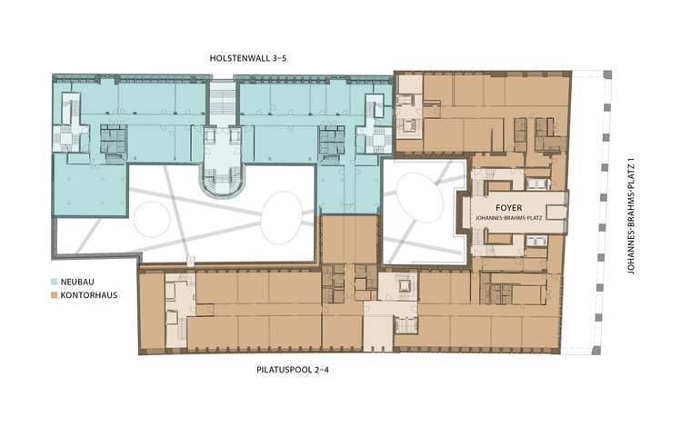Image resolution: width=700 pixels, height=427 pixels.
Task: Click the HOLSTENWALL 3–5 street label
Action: [x=248, y=58]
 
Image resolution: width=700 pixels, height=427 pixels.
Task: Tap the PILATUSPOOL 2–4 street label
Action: [x=293, y=370]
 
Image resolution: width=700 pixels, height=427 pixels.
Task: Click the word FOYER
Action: [x=508, y=208]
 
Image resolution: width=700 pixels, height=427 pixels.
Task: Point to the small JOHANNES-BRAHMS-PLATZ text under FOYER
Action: [x=508, y=218]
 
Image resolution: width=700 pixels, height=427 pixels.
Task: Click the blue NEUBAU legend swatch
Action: [x=54, y=282]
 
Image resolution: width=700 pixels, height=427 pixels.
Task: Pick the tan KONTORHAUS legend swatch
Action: [x=54, y=295]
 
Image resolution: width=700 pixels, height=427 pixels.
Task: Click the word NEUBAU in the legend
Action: [x=77, y=282]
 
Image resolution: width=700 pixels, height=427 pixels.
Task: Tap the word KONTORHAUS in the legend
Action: [x=89, y=295]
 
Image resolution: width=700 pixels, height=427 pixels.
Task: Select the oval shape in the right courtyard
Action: [x=420, y=198]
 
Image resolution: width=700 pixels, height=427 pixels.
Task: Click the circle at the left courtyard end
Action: [x=151, y=219]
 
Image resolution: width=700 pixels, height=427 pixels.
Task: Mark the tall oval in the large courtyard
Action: [x=281, y=217]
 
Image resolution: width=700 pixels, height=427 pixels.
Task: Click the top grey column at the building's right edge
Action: [x=607, y=74]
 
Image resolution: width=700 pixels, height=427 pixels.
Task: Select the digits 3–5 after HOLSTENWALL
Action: [x=278, y=58]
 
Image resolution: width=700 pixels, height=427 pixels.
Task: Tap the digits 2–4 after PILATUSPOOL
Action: [x=321, y=370]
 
